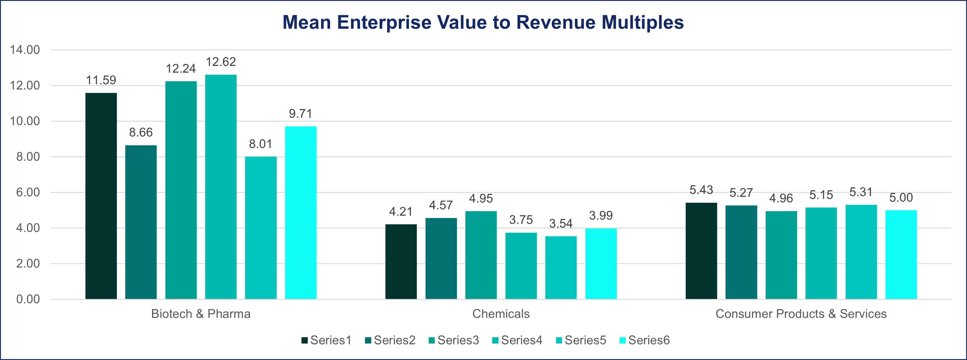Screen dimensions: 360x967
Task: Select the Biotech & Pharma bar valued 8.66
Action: (141, 222)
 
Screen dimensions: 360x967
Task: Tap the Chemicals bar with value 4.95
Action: (481, 255)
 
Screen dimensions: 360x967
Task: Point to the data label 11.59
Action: (101, 80)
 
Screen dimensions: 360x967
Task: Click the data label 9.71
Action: (300, 113)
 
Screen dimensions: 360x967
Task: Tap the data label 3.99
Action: (601, 215)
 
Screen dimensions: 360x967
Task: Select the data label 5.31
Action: (861, 192)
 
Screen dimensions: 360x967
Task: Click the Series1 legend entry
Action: (327, 340)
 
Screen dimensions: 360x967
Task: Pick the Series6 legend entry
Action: (645, 340)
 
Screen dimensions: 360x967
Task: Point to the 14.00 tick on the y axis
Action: (25, 50)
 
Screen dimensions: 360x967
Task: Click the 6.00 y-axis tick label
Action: (28, 192)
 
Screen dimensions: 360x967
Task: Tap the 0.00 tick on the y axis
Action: (28, 299)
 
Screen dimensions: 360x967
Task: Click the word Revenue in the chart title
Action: (556, 22)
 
